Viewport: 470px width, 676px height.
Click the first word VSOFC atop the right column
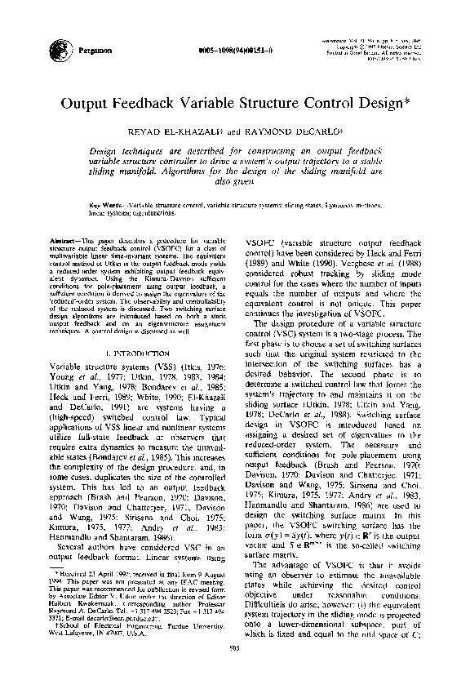point(264,243)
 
